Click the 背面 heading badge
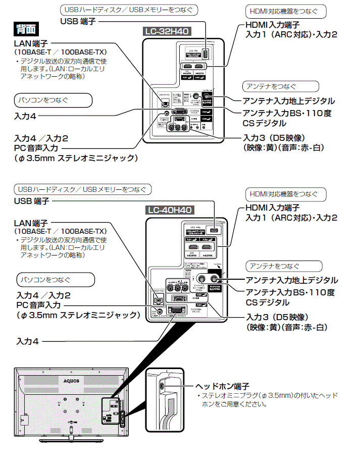[x=26, y=28]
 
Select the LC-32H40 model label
[x=166, y=31]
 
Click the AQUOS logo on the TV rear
[x=71, y=381]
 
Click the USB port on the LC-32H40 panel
[x=205, y=54]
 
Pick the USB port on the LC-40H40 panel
[x=214, y=230]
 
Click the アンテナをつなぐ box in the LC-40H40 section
[x=284, y=266]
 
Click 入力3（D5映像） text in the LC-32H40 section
[x=274, y=138]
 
